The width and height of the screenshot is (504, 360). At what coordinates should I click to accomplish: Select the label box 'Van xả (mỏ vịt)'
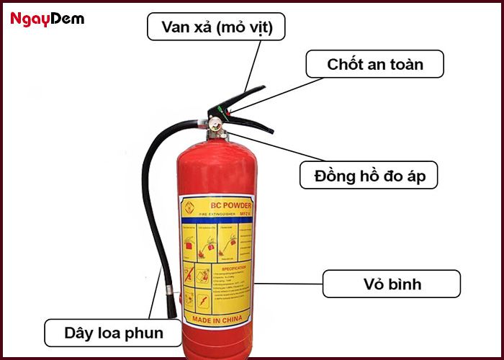click(x=215, y=28)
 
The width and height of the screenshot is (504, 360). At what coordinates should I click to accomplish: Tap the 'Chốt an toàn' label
click(x=374, y=64)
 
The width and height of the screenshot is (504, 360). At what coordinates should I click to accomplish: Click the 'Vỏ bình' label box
click(x=390, y=284)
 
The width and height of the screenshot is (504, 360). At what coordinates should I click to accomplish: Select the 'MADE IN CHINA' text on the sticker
click(x=216, y=318)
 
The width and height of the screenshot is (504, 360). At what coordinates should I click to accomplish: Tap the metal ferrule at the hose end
click(x=171, y=290)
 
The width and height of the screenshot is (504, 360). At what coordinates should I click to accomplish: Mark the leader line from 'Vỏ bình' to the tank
click(x=288, y=284)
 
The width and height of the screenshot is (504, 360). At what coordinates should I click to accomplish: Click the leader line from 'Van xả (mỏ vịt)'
click(x=252, y=65)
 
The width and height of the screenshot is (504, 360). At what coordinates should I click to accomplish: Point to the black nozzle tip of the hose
click(x=172, y=308)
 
